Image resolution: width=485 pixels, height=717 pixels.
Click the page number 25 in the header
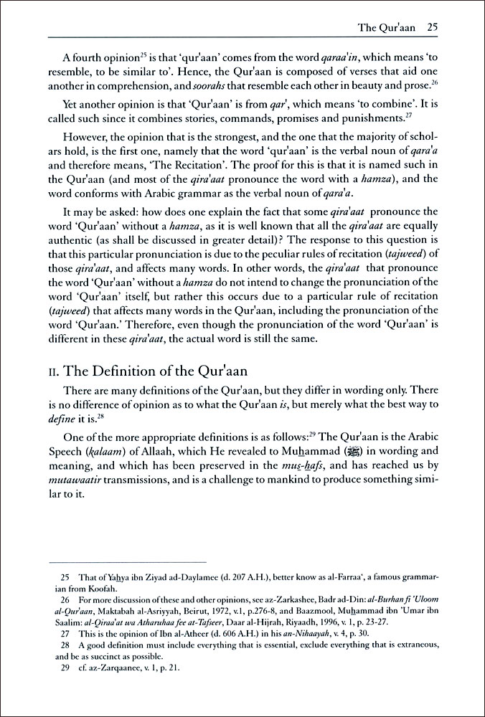[432, 28]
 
